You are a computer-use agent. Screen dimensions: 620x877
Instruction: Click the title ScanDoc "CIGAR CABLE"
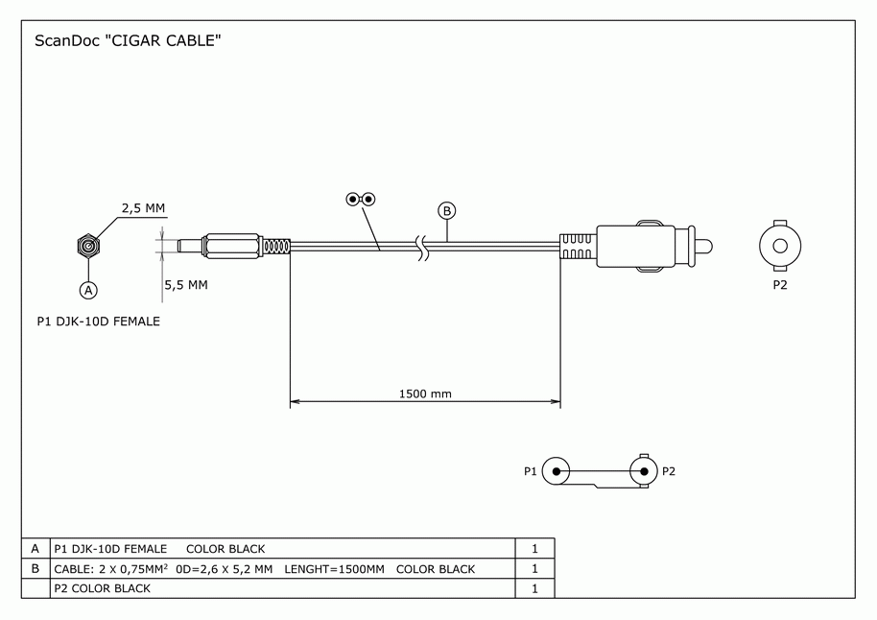coord(129,41)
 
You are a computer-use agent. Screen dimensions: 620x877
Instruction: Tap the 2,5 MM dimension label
coord(143,207)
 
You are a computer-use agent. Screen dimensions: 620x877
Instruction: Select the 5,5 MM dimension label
coord(186,285)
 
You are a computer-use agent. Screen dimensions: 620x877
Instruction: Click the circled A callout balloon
coord(88,288)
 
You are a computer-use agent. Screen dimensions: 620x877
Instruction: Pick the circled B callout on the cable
coord(446,210)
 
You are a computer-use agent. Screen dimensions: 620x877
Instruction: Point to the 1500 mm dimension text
coord(425,393)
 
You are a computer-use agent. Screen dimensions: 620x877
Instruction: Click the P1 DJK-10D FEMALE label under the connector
coord(98,322)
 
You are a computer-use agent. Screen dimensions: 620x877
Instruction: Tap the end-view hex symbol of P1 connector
coord(88,247)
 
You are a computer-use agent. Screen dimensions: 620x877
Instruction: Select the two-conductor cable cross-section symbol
coord(361,200)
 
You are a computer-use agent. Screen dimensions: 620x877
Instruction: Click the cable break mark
coord(420,247)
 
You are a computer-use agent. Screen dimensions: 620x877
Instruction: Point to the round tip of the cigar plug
coord(705,247)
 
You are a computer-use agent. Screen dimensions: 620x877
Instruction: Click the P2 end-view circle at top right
coord(779,247)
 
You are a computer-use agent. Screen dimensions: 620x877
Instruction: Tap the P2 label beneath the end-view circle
coord(779,285)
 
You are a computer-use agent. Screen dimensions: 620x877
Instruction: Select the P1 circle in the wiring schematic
coord(556,471)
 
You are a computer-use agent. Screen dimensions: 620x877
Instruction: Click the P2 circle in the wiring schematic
coord(644,471)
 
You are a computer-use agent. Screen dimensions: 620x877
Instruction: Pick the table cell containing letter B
coord(36,569)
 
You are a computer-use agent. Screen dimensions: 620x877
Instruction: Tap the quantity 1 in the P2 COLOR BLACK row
coord(534,588)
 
